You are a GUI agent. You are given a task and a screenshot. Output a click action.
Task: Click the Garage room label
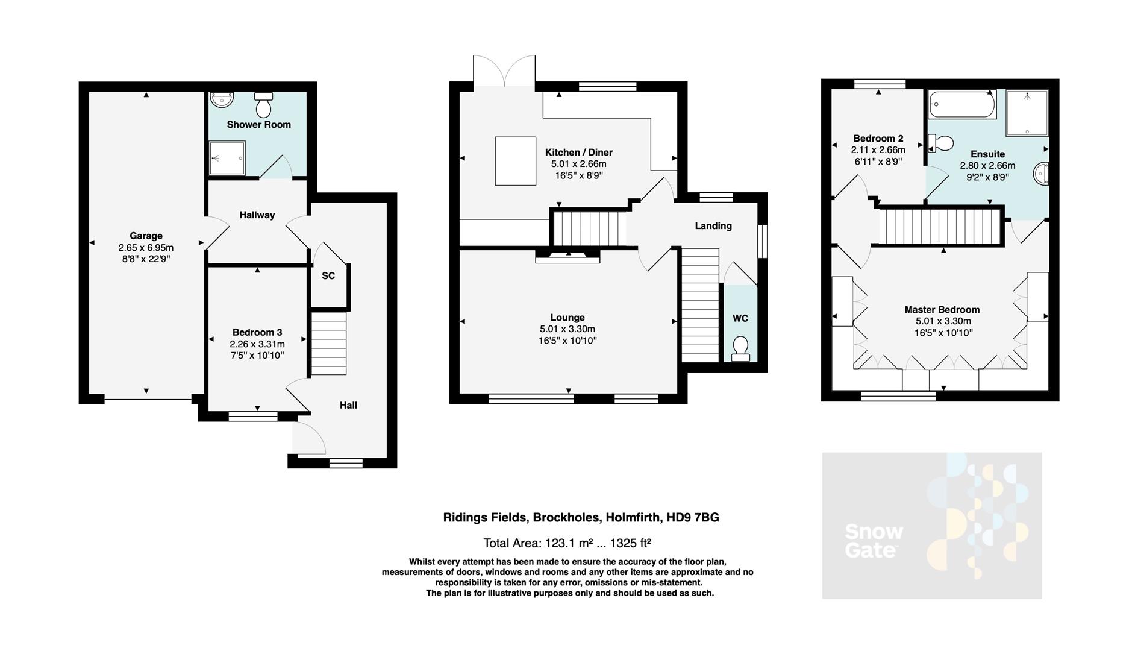(146, 236)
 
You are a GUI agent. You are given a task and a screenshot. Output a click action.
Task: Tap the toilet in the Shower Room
(263, 105)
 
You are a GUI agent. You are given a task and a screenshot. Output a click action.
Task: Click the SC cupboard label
(328, 276)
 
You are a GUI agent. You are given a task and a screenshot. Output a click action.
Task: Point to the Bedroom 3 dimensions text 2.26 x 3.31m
(257, 344)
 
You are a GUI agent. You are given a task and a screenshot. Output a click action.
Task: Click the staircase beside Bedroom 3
(329, 344)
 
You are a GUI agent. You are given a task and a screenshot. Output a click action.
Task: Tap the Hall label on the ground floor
(348, 405)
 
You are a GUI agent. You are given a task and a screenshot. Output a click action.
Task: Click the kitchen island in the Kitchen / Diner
(516, 160)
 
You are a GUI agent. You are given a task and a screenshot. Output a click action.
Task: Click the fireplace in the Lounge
(567, 258)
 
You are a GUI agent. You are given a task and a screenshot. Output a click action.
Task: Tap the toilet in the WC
(740, 348)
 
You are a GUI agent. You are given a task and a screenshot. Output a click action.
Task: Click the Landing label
(713, 226)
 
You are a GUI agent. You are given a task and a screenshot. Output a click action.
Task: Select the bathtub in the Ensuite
(962, 105)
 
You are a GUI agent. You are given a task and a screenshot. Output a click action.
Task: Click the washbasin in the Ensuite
(1042, 174)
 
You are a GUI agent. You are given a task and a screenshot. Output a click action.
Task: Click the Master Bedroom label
(942, 310)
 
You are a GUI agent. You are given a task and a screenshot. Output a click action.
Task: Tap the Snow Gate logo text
(874, 541)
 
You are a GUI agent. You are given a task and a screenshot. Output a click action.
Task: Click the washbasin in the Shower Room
(222, 99)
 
